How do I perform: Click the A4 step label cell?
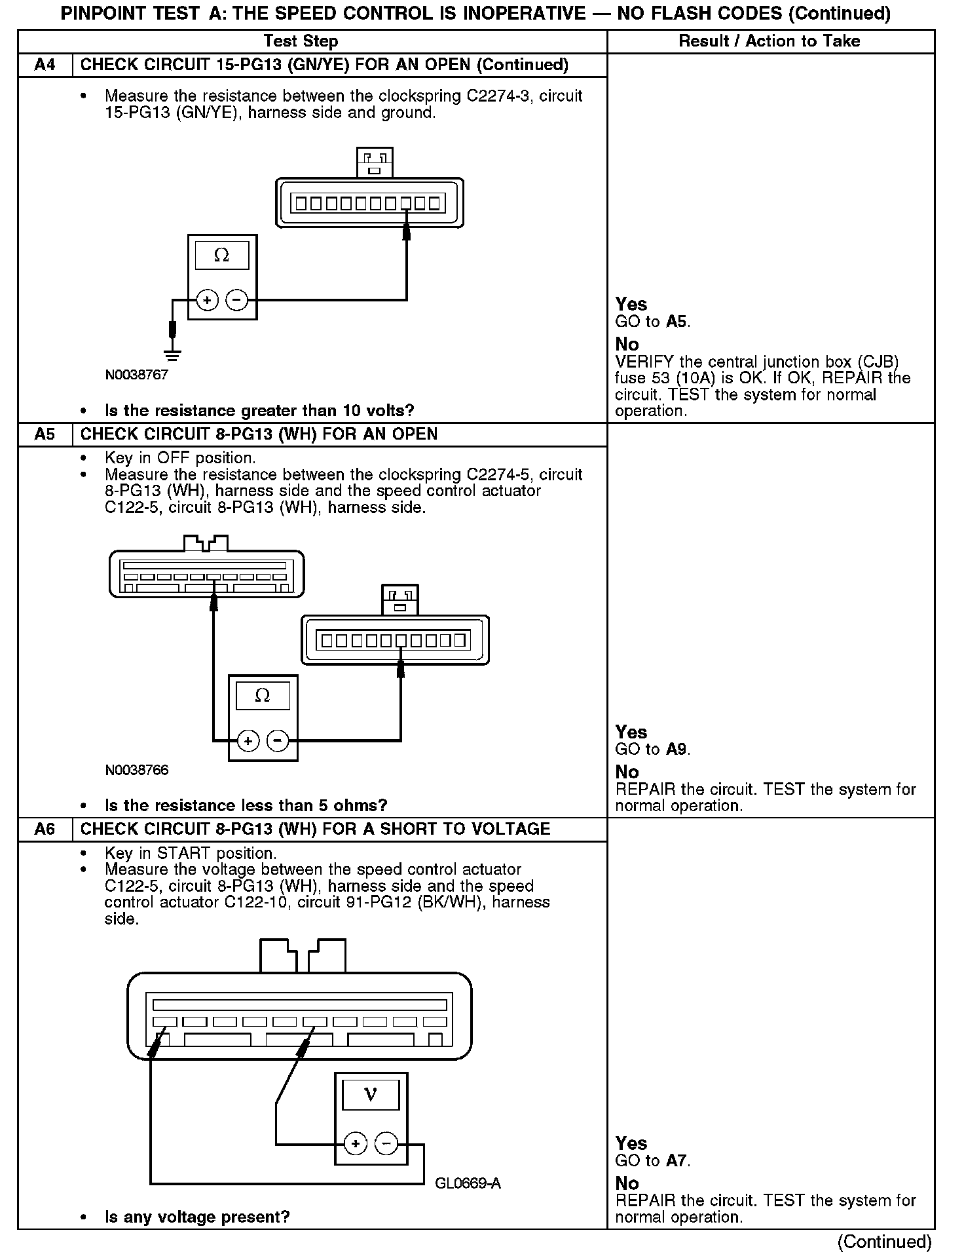[45, 65]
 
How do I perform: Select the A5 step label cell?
[45, 434]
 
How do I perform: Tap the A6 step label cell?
[45, 829]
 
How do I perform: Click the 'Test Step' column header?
[301, 41]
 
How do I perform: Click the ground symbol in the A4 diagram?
[173, 356]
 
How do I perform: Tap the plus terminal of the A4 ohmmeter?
[207, 301]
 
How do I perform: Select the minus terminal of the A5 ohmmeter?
[278, 741]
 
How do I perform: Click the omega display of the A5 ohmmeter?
[263, 696]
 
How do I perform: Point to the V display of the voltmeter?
[371, 1095]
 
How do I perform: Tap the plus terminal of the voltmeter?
[355, 1145]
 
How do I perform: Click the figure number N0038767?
[136, 375]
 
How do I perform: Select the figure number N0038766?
[136, 770]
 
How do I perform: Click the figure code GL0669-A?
[468, 1183]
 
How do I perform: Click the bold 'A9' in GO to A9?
[677, 749]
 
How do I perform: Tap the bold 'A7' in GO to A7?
[677, 1160]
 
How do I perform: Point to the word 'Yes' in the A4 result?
[631, 304]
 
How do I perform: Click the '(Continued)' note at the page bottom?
[883, 1242]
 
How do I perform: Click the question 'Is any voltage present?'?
[197, 1217]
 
